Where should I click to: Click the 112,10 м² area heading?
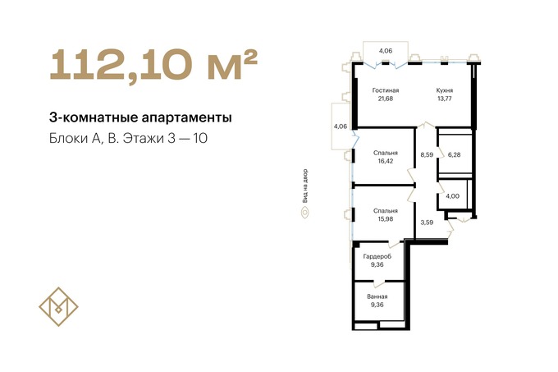point(153,66)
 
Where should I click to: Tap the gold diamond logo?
point(58,306)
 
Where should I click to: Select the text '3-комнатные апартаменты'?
point(140,117)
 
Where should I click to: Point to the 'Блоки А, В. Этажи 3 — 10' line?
point(128,138)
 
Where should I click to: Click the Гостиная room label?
point(386,90)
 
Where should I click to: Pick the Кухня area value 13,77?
point(445,99)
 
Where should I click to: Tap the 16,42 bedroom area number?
point(386,161)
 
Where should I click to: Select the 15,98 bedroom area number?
point(386,219)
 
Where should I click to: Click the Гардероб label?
point(377,256)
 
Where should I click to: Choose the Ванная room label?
point(377,296)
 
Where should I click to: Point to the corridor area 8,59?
point(427,155)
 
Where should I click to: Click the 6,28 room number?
point(454,155)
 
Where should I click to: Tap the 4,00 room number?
point(453,196)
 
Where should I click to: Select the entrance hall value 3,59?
point(427,223)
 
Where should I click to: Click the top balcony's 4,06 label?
point(386,51)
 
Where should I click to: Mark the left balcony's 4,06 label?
point(341,126)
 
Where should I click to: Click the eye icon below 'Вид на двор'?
point(305,213)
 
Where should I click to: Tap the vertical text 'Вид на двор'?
point(305,186)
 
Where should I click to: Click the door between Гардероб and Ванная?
point(379,283)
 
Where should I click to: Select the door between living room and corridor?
point(426,126)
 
